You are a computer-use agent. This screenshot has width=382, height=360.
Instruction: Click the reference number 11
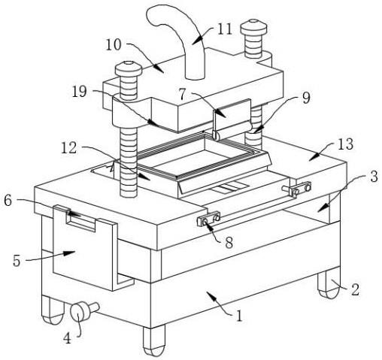[225, 29]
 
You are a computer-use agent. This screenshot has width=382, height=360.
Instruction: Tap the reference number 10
[114, 45]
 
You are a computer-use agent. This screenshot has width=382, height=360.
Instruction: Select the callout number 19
[80, 91]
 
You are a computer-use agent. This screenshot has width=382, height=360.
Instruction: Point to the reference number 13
[345, 144]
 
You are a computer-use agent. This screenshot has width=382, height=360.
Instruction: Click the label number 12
[69, 148]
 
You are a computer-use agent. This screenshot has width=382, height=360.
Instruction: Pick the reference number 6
[8, 201]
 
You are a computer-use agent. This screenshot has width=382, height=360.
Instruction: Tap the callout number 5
[17, 261]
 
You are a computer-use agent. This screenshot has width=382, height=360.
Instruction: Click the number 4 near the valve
[67, 338]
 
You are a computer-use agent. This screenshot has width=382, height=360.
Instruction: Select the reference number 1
[240, 316]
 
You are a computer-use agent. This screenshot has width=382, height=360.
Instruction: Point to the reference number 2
[355, 289]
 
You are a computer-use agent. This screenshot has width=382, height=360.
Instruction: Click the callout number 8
[229, 243]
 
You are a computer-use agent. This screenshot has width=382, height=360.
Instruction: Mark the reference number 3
[374, 177]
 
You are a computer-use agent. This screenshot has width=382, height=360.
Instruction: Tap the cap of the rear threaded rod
[253, 28]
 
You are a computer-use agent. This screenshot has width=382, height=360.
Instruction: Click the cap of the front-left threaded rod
[129, 69]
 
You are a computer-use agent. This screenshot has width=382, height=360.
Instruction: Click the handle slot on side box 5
[80, 220]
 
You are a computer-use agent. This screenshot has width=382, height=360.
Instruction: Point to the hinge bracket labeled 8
[208, 219]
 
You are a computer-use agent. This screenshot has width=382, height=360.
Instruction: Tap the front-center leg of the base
[154, 340]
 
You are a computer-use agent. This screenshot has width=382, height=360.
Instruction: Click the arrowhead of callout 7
[220, 113]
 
